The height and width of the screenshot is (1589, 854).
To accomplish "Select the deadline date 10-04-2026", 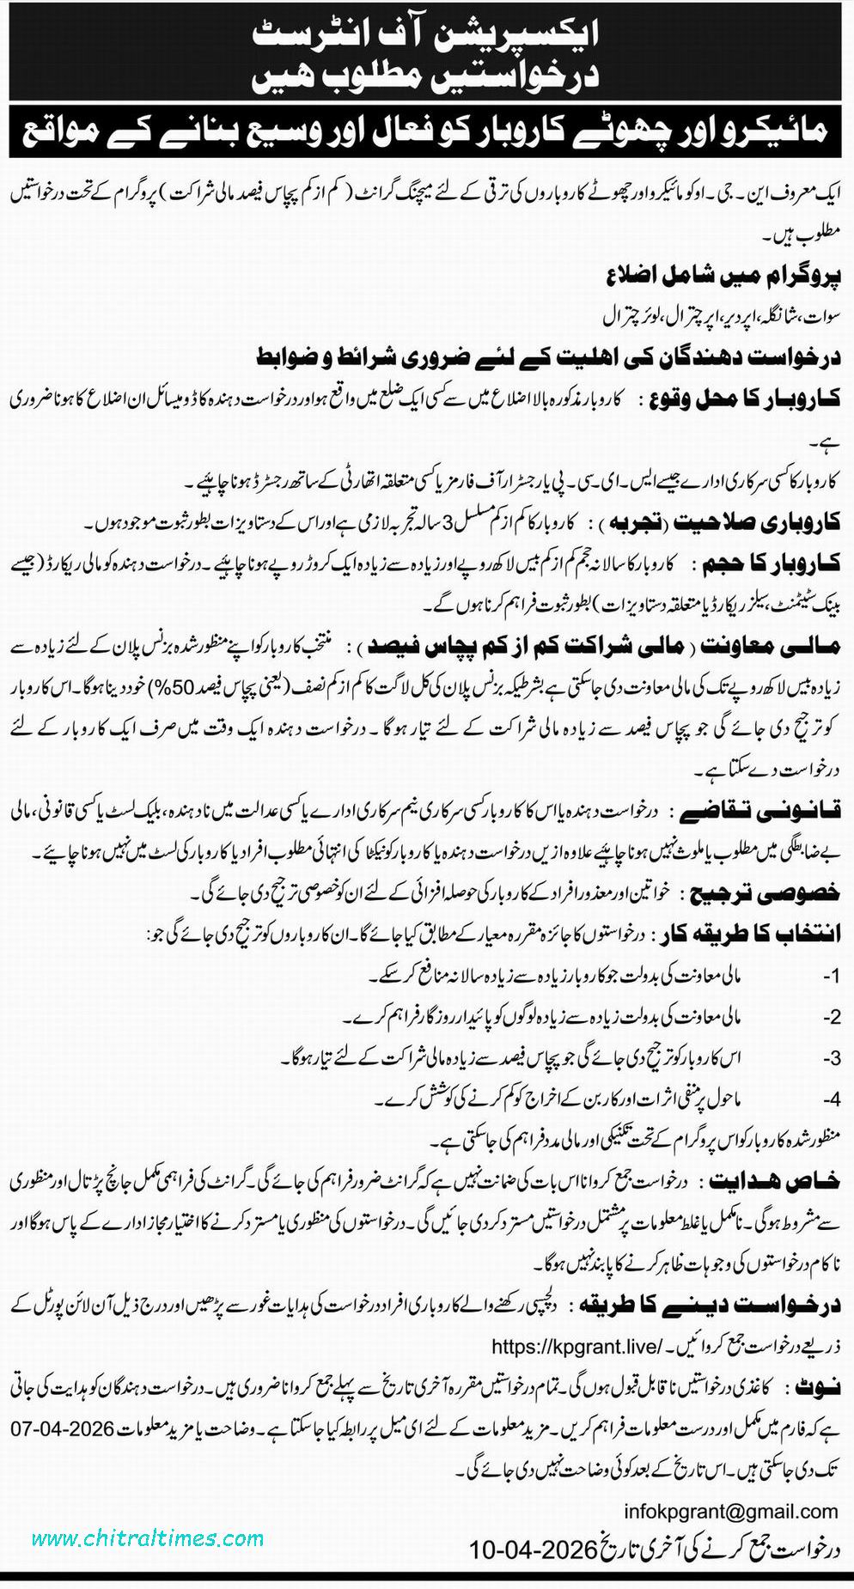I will [533, 1549].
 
